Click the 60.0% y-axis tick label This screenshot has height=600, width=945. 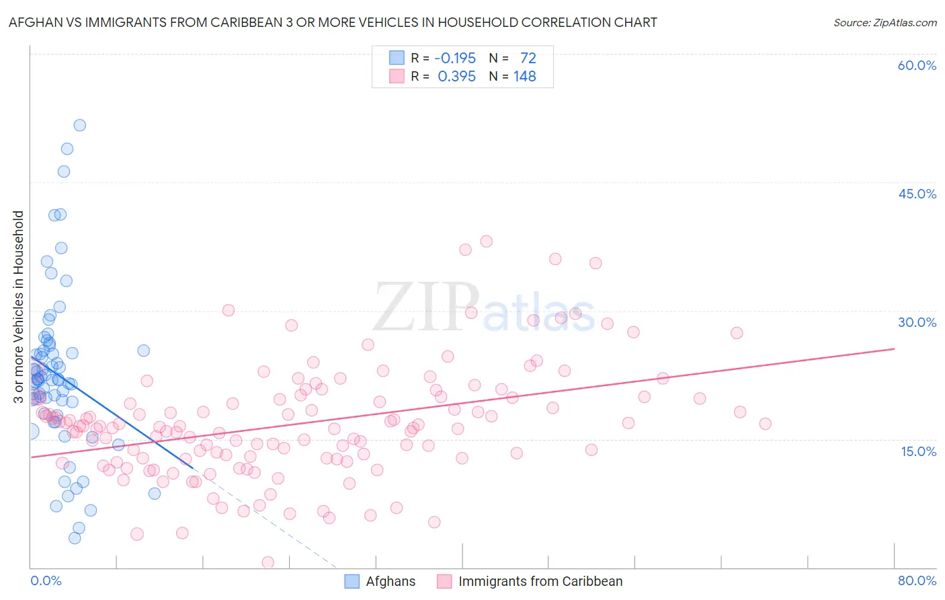tap(917, 65)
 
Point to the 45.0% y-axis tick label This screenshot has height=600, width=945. tap(917, 194)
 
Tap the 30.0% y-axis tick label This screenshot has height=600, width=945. tap(917, 322)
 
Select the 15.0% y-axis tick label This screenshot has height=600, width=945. tap(918, 451)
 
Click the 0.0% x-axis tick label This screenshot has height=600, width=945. tap(46, 580)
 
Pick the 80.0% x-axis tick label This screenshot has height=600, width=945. tap(917, 580)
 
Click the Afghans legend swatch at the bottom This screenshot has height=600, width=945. tap(352, 581)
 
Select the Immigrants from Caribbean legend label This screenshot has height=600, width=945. tap(540, 581)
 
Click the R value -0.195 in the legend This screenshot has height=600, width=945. tap(455, 58)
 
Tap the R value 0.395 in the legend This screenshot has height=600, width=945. tap(456, 77)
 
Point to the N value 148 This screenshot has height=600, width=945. tap(525, 77)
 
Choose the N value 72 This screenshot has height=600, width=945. tap(528, 58)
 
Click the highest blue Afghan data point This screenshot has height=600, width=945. tap(79, 125)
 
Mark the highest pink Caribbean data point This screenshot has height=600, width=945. tap(486, 241)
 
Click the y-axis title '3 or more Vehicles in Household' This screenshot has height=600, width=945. tap(18, 307)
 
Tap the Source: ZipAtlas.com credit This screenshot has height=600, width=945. tap(885, 23)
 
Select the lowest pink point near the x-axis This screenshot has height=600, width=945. tap(268, 562)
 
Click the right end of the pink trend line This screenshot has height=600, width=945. tap(894, 348)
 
